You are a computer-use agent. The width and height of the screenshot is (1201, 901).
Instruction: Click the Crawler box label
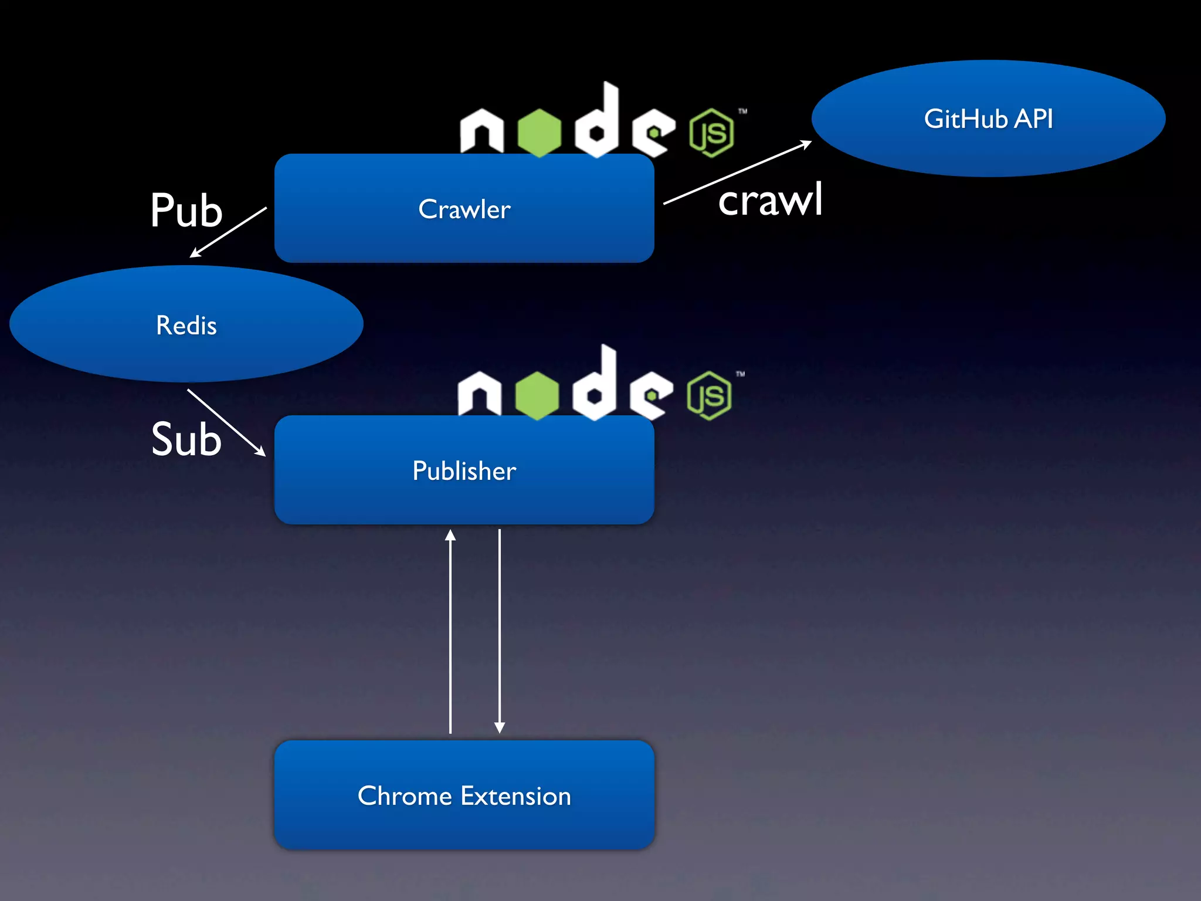[464, 209]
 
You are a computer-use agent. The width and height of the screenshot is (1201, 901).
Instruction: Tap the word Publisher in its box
[464, 471]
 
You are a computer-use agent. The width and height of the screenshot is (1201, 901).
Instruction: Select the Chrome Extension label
[464, 796]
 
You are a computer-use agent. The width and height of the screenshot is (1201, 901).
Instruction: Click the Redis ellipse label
[186, 326]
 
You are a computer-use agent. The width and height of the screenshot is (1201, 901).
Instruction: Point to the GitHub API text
[988, 119]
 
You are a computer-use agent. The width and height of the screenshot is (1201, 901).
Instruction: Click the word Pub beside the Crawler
[186, 211]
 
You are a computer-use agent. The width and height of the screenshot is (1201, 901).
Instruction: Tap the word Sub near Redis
[186, 439]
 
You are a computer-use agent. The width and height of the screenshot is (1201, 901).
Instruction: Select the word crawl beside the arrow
[770, 200]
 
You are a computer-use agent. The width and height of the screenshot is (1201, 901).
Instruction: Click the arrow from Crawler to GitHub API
[737, 172]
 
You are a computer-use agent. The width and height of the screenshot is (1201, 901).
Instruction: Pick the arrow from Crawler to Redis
[228, 232]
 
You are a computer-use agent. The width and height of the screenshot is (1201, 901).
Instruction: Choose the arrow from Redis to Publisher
[226, 422]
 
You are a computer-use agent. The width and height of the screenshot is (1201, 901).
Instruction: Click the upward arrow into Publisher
[450, 631]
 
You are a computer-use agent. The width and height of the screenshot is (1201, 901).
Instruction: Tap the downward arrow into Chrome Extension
[500, 631]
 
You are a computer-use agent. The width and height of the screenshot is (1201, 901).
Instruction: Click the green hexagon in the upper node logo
[540, 132]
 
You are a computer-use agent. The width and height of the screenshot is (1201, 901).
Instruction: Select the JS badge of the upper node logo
[711, 133]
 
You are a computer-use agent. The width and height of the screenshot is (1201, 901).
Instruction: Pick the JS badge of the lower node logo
[709, 396]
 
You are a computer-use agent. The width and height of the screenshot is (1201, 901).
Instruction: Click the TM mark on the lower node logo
[741, 374]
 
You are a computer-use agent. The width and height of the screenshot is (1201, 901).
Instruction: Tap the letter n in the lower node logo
[480, 396]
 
